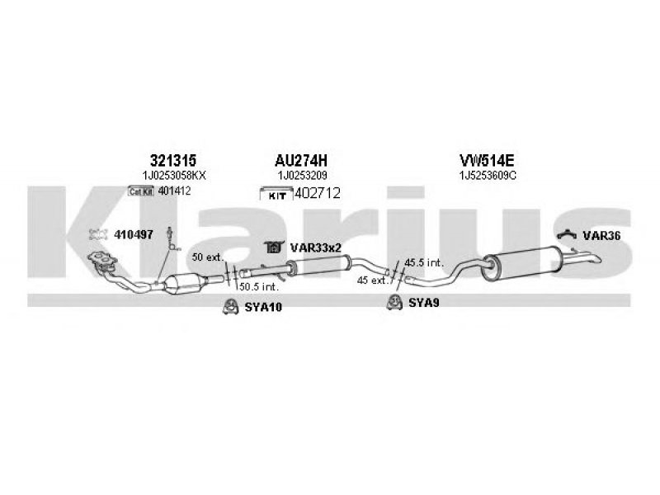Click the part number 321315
coord(173,160)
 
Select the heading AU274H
coord(300,160)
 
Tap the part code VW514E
coord(487,160)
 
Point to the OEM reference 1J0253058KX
coord(174,176)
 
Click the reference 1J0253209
coord(302,175)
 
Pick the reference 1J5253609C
coord(488,176)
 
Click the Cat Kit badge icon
coord(141,191)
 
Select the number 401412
coord(174,191)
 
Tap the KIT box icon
coord(276,194)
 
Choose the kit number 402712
coord(318,193)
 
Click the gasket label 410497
coord(134,235)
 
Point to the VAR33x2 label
coord(315,248)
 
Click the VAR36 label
coord(601,236)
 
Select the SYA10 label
coord(263,308)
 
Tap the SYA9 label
coord(423,303)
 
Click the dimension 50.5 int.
coord(259,287)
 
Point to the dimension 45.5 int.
coord(424,263)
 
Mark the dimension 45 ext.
coord(372,280)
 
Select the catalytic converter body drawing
coord(185,285)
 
